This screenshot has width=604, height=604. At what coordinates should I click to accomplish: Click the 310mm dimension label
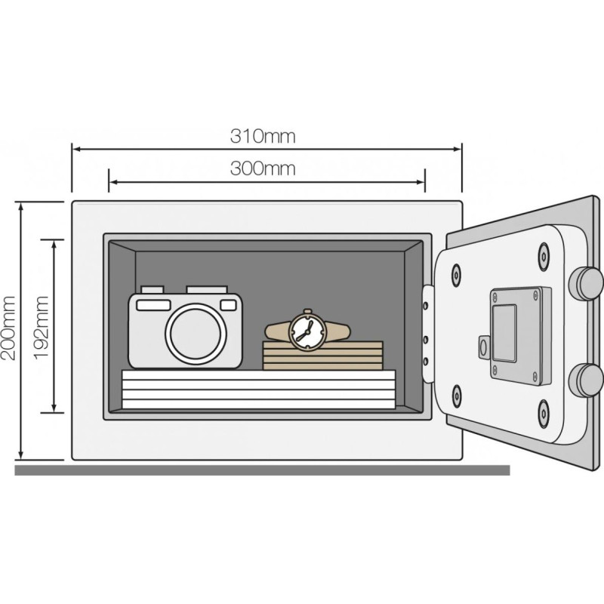pyautogui.click(x=263, y=137)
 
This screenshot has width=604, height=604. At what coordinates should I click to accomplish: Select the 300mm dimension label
pyautogui.click(x=263, y=168)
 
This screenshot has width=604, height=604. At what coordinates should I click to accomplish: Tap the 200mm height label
pyautogui.click(x=8, y=328)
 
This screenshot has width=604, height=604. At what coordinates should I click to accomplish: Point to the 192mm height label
pyautogui.click(x=42, y=328)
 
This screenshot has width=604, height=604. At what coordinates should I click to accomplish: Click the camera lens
pyautogui.click(x=196, y=334)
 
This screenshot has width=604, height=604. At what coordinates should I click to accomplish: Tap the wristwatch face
pyautogui.click(x=307, y=331)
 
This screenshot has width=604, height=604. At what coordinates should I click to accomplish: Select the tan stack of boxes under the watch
pyautogui.click(x=323, y=356)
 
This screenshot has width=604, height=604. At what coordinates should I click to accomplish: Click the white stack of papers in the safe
pyautogui.click(x=258, y=389)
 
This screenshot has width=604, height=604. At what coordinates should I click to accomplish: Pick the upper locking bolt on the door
pyautogui.click(x=586, y=283)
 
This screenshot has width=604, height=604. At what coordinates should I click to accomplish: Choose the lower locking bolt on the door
pyautogui.click(x=586, y=381)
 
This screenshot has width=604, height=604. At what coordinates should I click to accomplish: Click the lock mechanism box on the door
pyautogui.click(x=520, y=336)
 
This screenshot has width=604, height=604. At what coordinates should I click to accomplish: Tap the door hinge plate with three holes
pyautogui.click(x=427, y=333)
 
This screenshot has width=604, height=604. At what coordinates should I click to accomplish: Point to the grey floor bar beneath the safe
pyautogui.click(x=262, y=470)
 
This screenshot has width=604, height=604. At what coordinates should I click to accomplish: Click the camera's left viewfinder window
pyautogui.click(x=154, y=305)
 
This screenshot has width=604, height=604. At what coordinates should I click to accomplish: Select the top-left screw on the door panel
pyautogui.click(x=456, y=275)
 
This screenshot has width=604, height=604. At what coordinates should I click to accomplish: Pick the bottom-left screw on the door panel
pyautogui.click(x=456, y=396)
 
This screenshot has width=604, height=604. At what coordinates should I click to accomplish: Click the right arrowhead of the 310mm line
pyautogui.click(x=458, y=149)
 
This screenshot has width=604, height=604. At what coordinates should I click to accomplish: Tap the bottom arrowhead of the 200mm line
pyautogui.click(x=21, y=456)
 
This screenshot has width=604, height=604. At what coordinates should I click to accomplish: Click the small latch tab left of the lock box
pyautogui.click(x=484, y=347)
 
